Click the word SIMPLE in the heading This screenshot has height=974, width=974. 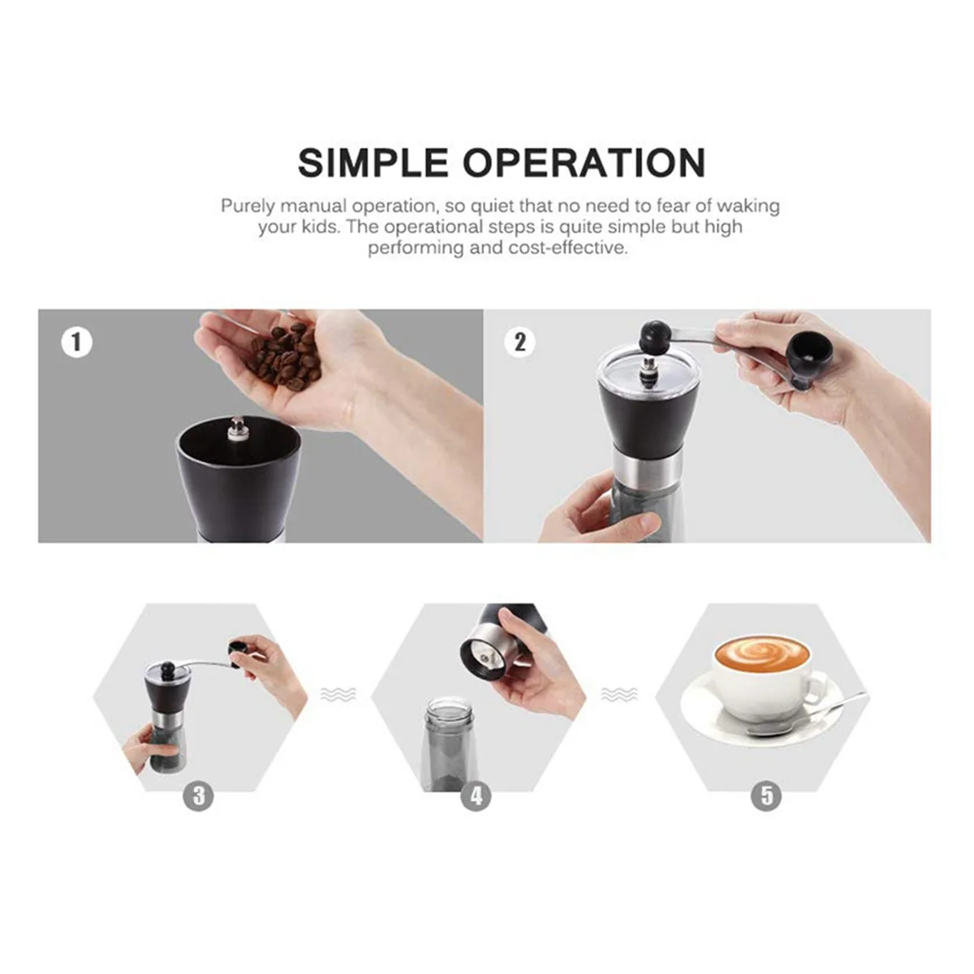[373, 162]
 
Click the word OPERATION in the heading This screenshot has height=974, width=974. [584, 162]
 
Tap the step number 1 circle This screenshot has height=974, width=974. [77, 343]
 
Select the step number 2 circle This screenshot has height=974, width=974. [520, 343]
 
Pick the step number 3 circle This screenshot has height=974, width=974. [198, 795]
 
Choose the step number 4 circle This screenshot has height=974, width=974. [476, 795]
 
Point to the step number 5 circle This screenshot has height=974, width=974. [766, 795]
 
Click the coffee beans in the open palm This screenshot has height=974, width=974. [286, 356]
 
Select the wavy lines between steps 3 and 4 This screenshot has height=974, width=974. [338, 695]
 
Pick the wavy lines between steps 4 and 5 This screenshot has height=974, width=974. [619, 695]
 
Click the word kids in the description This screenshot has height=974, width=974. [317, 227]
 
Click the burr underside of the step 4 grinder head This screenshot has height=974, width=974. [485, 656]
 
